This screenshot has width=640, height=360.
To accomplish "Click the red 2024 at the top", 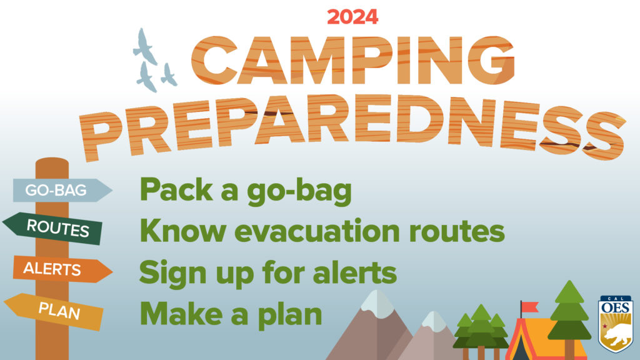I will click(352, 17).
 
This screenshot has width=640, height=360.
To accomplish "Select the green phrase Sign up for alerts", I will click(267, 272).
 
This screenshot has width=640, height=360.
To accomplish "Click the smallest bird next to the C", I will click(168, 74).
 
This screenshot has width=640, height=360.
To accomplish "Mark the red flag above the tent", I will click(529, 307).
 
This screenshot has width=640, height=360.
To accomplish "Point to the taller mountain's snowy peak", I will click(377, 301).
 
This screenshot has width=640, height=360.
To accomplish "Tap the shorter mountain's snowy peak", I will click(432, 320).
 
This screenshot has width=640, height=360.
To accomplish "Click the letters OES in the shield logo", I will click(616, 308).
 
